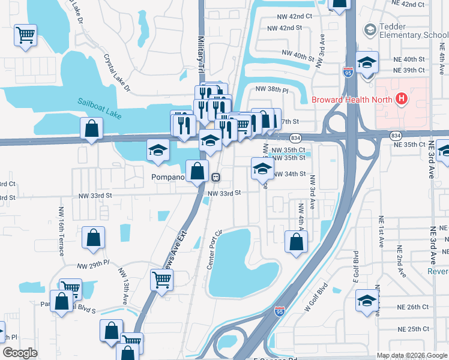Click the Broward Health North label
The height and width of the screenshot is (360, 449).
point(351,100)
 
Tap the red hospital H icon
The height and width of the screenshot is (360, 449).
point(400,100)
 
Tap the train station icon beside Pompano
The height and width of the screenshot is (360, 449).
point(215,178)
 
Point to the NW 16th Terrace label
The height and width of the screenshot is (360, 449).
point(61,232)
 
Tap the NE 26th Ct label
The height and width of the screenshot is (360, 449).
point(413,307)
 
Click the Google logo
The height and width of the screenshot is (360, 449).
point(20,353)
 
